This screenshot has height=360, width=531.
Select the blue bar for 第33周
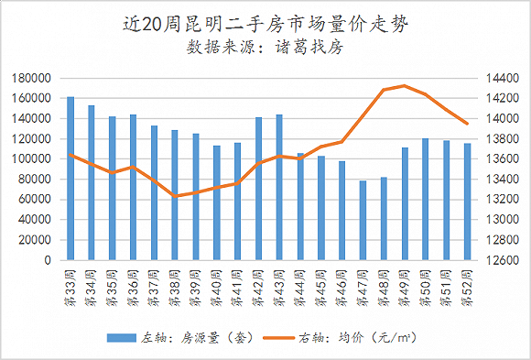pyautogui.click(x=70, y=178)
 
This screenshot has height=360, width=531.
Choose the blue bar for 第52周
pyautogui.click(x=467, y=202)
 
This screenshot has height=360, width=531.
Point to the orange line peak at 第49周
pyautogui.click(x=405, y=85)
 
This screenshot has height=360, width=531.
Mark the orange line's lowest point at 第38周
pyautogui.click(x=175, y=196)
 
